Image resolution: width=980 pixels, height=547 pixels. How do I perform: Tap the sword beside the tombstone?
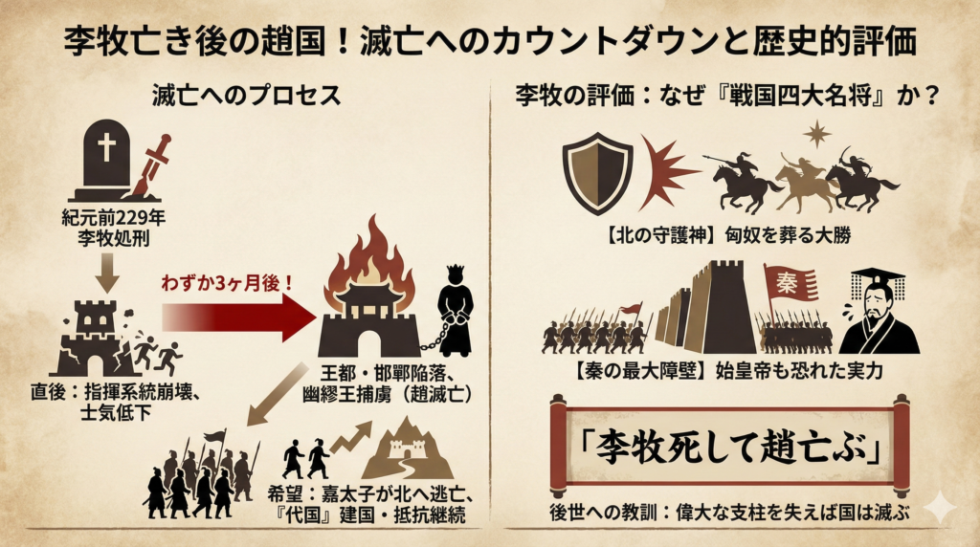(149, 166)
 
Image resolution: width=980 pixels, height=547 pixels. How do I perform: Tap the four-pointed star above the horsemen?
(816, 134)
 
